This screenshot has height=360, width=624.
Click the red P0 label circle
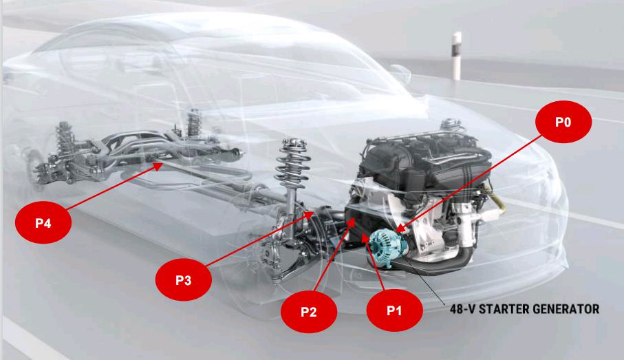[563, 121]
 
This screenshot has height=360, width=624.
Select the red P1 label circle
[394, 310]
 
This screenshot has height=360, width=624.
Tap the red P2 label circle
[309, 311]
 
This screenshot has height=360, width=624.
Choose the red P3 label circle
[184, 279]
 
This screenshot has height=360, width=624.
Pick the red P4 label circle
[43, 222]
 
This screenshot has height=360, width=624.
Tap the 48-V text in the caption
[462, 309]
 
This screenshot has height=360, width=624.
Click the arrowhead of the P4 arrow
[158, 166]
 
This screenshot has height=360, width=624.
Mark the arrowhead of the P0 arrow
[400, 229]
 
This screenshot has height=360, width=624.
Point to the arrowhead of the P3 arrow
[309, 215]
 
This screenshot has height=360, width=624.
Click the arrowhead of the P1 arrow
[365, 237]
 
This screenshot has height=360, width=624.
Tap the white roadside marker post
[456, 56]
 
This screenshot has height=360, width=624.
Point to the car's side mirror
[400, 74]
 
